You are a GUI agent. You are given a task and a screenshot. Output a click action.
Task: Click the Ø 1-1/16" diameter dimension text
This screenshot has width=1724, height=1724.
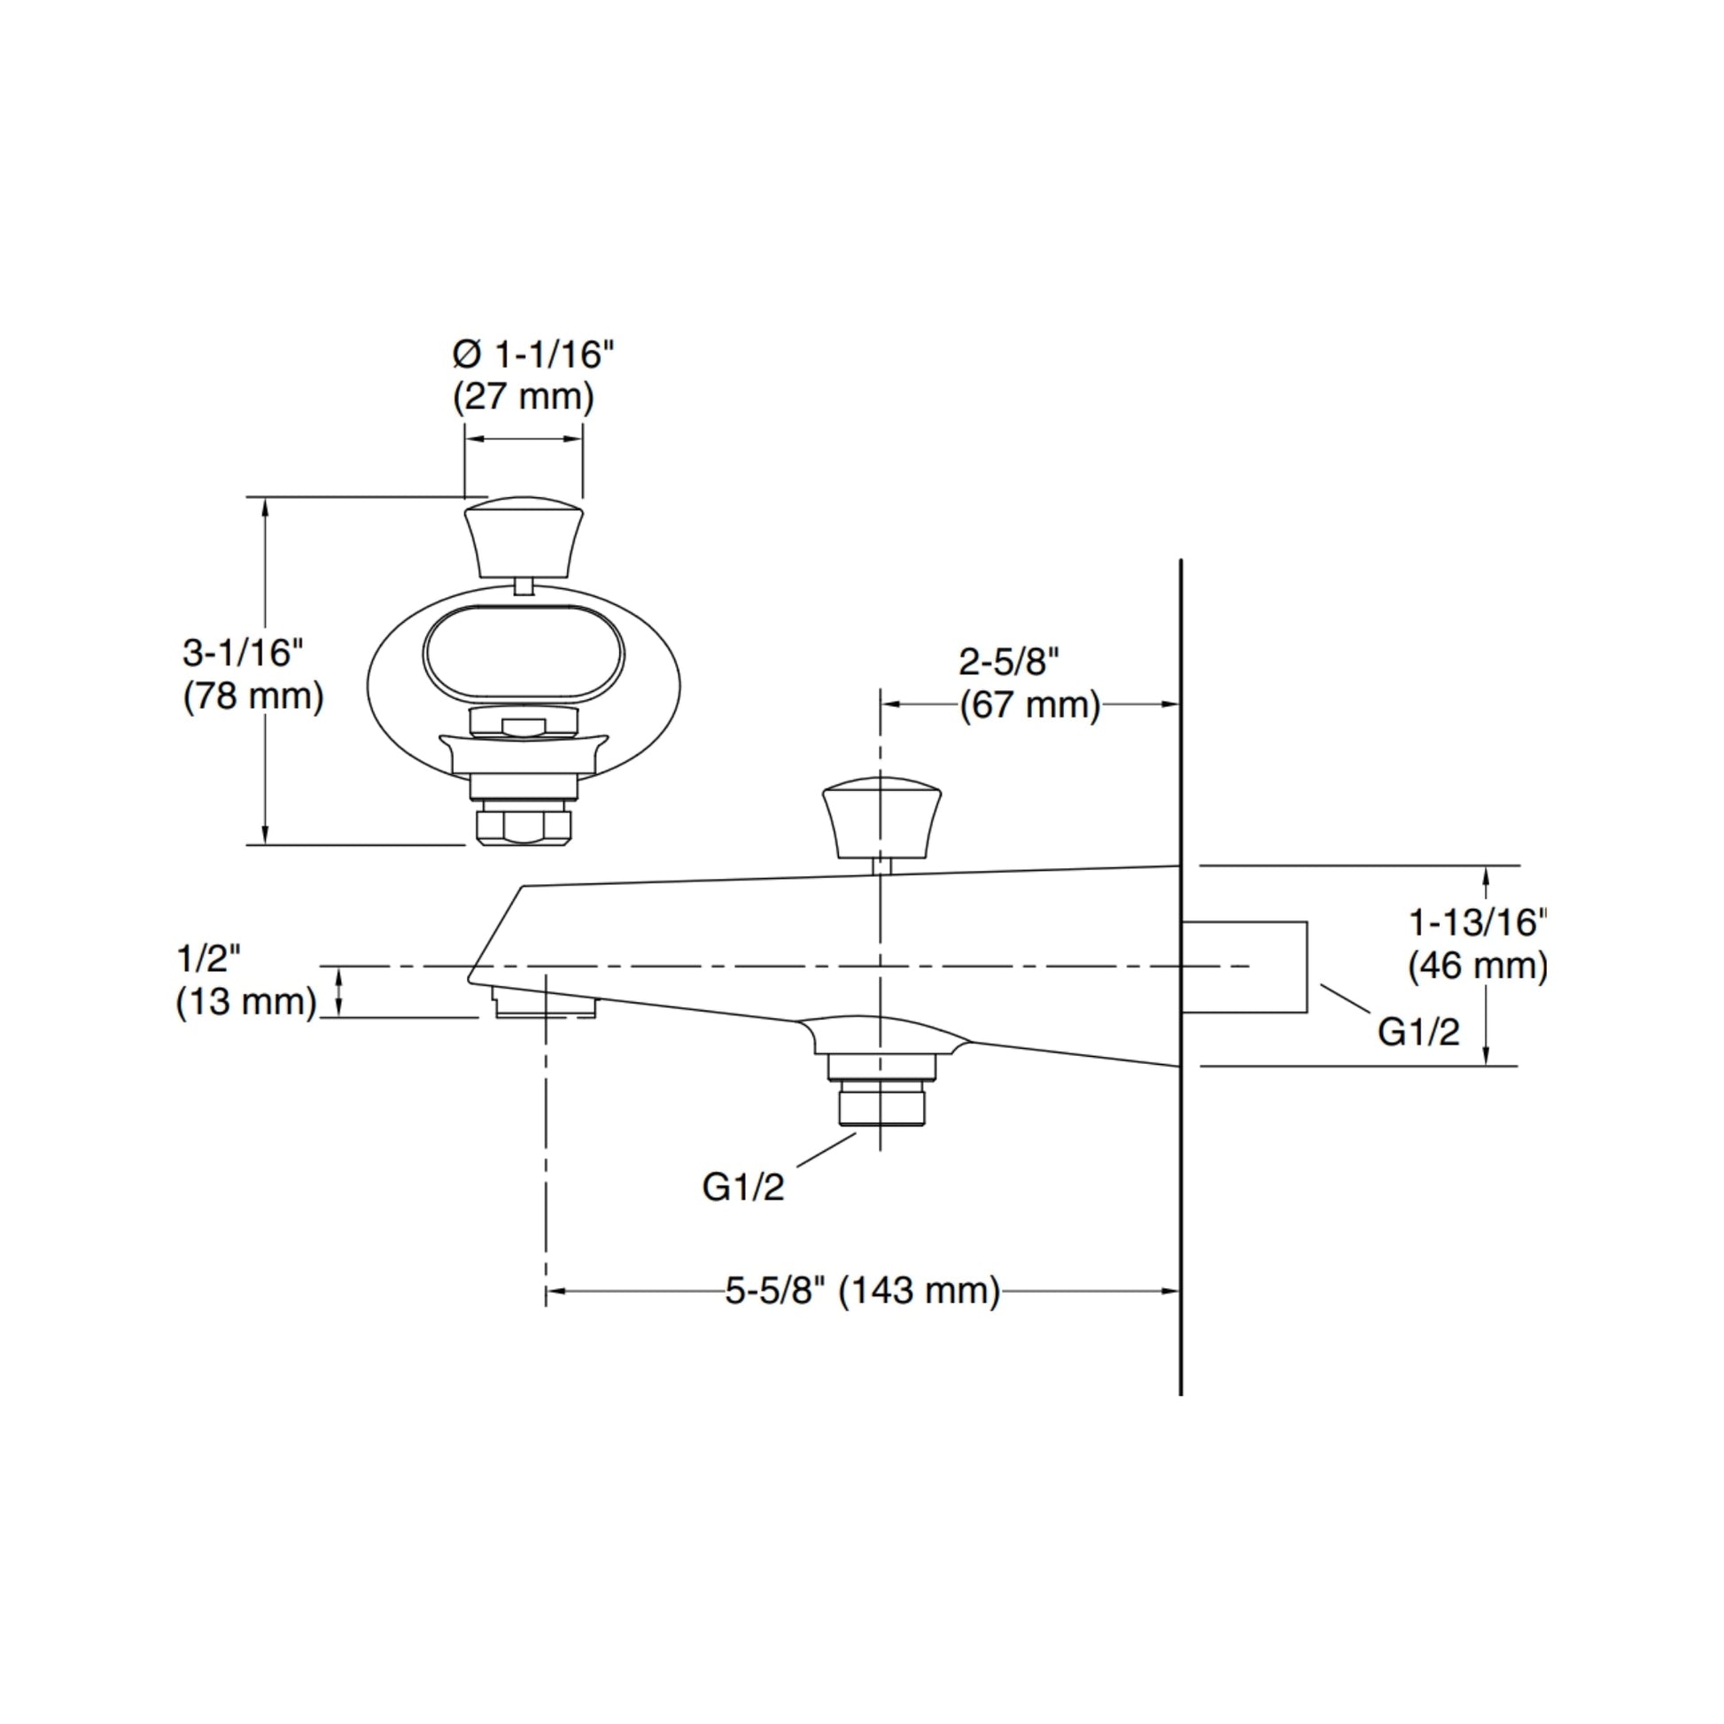click(533, 354)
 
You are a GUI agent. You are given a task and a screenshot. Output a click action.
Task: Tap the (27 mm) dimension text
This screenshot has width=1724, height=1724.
click(524, 396)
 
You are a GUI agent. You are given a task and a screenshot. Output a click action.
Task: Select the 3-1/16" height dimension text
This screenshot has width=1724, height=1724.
click(244, 653)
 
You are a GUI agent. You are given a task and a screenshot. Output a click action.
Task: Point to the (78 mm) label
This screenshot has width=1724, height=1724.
click(253, 696)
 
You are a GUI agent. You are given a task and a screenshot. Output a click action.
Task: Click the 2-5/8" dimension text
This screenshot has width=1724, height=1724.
click(1009, 662)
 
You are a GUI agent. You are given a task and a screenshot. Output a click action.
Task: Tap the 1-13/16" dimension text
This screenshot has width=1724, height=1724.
click(1479, 921)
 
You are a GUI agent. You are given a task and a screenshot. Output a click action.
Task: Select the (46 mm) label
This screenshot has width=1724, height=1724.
click(1479, 966)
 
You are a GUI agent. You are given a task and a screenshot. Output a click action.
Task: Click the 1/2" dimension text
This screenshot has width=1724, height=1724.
click(210, 959)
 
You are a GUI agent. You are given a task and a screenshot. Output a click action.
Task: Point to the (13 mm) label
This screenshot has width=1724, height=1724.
click(246, 1002)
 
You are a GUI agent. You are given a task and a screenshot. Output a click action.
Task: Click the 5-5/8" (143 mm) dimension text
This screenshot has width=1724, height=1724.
click(863, 1290)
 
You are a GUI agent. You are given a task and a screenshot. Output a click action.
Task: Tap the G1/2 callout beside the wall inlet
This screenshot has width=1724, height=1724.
click(1419, 1031)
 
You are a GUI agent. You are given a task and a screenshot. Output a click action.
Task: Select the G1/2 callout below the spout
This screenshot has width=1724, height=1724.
click(743, 1187)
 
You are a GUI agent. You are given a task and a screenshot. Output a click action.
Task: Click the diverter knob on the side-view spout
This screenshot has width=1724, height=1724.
click(881, 817)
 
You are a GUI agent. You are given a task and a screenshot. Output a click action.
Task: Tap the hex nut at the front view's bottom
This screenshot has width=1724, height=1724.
click(524, 824)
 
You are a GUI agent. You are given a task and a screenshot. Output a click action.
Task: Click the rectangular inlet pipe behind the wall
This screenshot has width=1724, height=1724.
click(1245, 967)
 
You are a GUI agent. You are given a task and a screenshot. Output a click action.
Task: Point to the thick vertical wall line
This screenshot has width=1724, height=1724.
click(1181, 977)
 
